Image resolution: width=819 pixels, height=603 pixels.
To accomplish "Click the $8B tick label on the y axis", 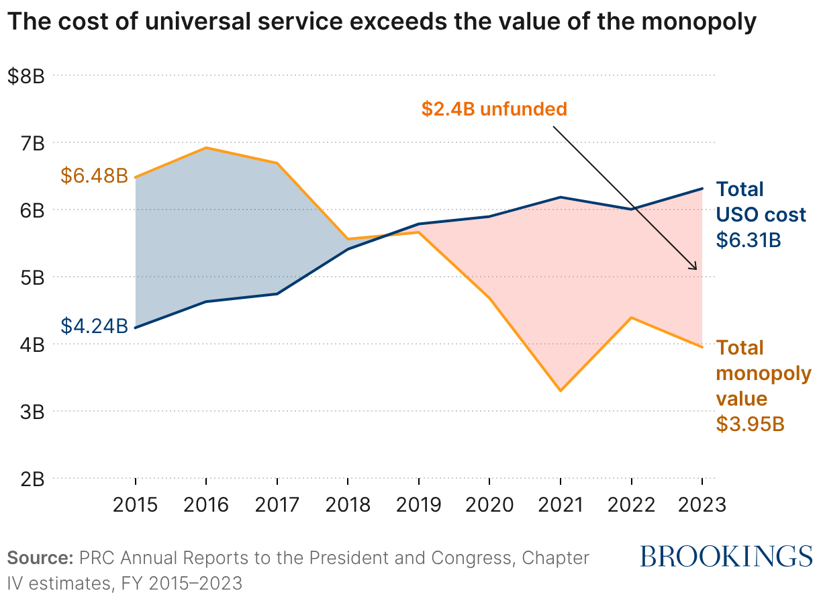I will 26,76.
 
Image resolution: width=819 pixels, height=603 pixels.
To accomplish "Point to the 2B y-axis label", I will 31,479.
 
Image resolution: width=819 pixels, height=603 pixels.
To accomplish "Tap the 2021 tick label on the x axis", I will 560,504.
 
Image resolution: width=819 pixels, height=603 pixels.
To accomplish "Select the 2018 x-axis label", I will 348,504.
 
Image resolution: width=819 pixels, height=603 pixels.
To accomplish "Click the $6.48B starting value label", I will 94,176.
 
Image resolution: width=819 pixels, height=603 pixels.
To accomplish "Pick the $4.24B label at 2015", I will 94,326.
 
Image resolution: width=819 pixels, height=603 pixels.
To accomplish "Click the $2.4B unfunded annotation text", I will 494,109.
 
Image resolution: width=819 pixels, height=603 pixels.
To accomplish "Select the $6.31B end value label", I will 749,240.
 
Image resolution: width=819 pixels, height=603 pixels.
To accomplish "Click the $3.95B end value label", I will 750,424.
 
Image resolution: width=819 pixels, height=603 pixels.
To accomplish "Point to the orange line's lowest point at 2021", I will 560,391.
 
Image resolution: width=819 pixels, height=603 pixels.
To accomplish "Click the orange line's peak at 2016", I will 206,148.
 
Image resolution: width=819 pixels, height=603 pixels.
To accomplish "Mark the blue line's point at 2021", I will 560,197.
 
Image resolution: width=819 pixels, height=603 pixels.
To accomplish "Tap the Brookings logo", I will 726,556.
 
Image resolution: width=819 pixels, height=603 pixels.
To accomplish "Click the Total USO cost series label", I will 760,201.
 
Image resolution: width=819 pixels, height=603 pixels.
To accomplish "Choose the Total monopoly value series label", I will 763,373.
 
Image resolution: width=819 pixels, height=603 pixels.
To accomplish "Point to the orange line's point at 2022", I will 631,317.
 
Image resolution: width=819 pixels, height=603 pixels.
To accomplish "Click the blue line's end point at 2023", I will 702,189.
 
